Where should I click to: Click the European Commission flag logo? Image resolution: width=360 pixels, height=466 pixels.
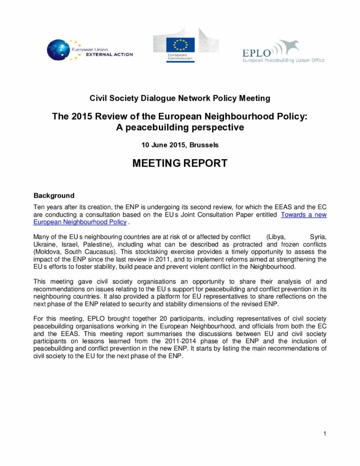point(180,45)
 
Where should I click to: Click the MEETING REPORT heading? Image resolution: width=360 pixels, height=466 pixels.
point(180,163)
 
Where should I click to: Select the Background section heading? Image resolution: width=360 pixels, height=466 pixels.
point(54,196)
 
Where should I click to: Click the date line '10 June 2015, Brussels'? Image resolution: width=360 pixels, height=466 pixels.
point(180,146)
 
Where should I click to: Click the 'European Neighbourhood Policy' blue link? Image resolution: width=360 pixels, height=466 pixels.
point(80,222)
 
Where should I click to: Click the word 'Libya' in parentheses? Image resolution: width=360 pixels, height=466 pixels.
point(276,237)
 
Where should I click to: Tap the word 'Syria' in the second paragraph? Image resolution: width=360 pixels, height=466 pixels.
point(318,237)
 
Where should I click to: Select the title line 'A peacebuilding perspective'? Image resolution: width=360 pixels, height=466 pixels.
point(180,127)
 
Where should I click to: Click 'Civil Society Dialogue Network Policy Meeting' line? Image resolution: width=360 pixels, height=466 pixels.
point(180,98)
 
